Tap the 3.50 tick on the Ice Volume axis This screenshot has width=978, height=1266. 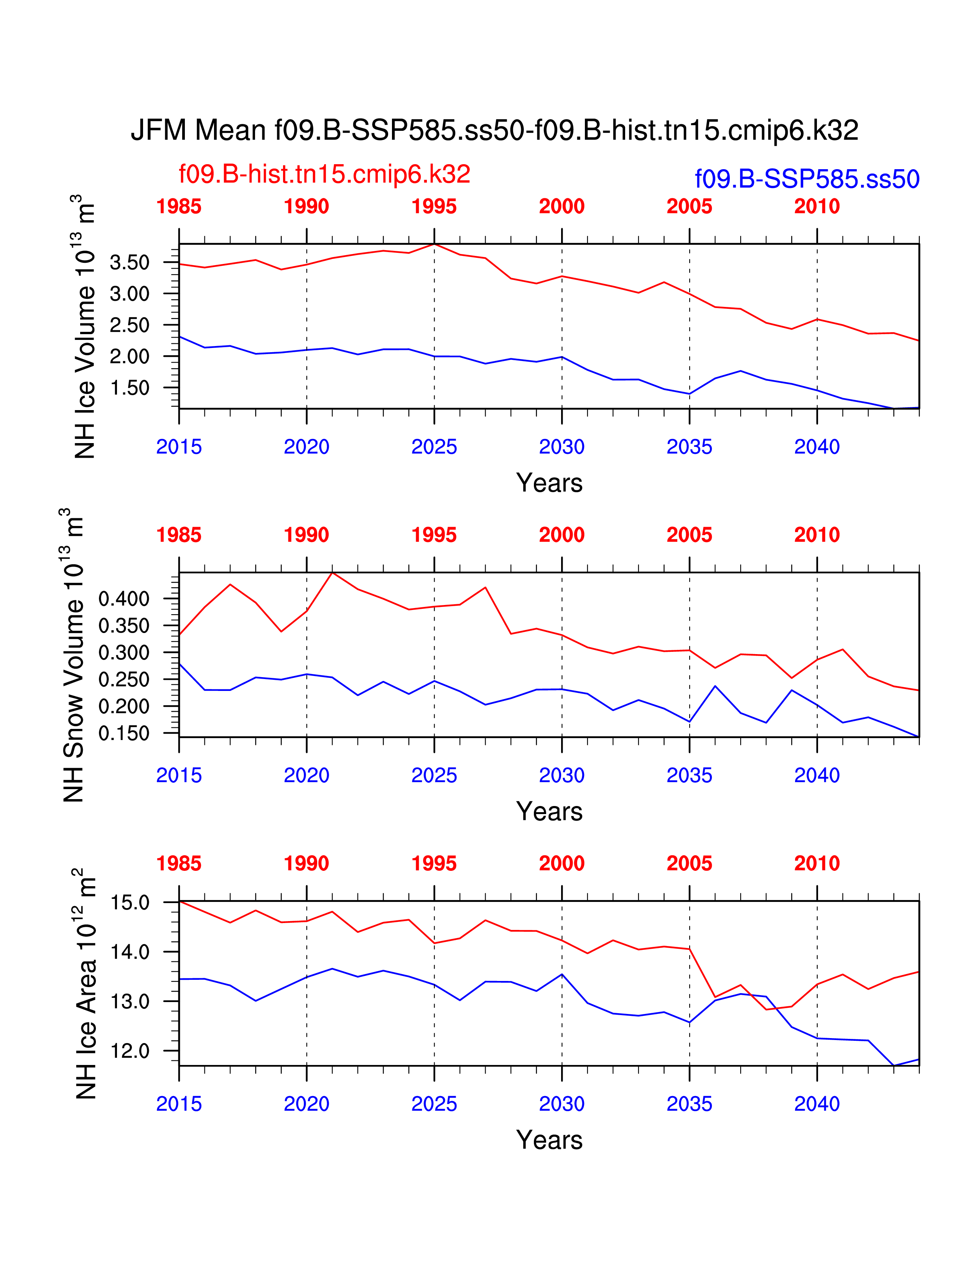pyautogui.click(x=130, y=262)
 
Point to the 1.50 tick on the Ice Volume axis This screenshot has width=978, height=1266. pyautogui.click(x=130, y=388)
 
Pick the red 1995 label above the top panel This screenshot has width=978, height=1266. pyautogui.click(x=434, y=206)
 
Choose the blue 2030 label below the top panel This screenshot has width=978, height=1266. pyautogui.click(x=561, y=447)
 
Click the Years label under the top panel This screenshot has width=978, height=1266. pyautogui.click(x=549, y=483)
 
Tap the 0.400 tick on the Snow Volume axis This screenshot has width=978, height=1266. pyautogui.click(x=124, y=599)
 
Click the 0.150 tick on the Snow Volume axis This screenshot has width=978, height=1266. pyautogui.click(x=124, y=733)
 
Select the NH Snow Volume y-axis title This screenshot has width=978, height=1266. pyautogui.click(x=74, y=655)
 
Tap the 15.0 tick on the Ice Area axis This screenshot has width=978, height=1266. pyautogui.click(x=130, y=903)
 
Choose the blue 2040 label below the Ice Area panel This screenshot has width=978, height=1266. pyautogui.click(x=817, y=1104)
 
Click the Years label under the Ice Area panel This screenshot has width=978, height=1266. pyautogui.click(x=549, y=1140)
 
